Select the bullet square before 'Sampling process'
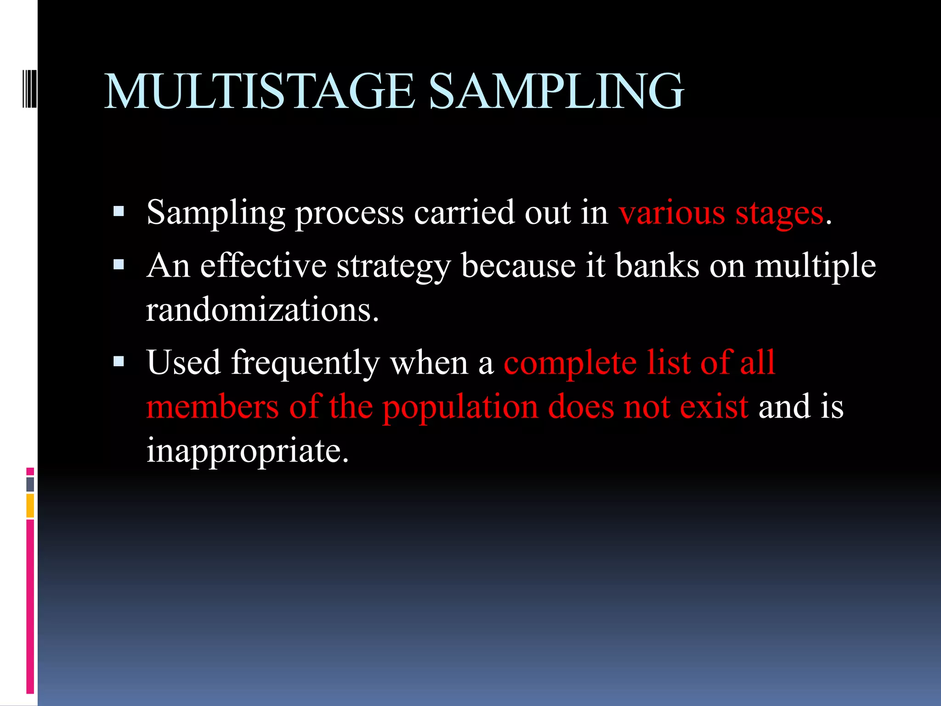point(119,212)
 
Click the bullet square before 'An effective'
point(119,265)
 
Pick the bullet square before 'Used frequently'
point(119,362)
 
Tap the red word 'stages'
point(779,214)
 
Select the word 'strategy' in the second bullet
point(393,267)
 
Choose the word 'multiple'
point(815,267)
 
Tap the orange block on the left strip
point(30,506)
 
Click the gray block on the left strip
point(30,484)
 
